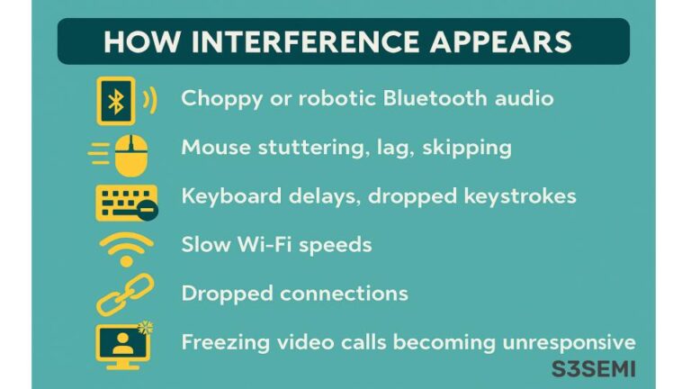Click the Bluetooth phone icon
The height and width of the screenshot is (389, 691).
(x=117, y=100)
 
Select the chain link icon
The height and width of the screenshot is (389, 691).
(x=125, y=294)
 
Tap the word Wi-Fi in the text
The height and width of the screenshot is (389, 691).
(x=257, y=244)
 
